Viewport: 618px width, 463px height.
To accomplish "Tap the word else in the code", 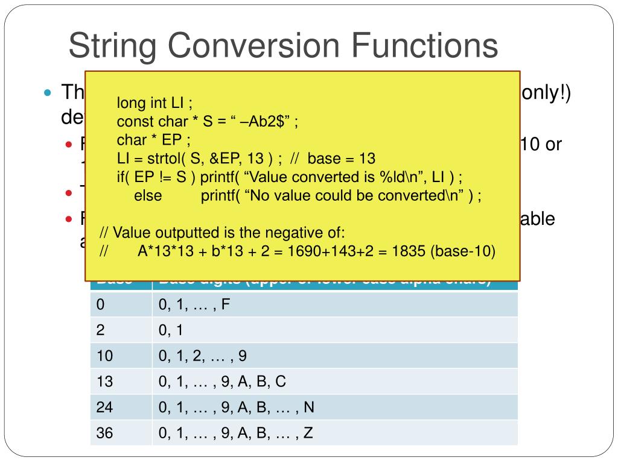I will tap(148, 196).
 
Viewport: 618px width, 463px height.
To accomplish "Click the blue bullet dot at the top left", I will tap(48, 93).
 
